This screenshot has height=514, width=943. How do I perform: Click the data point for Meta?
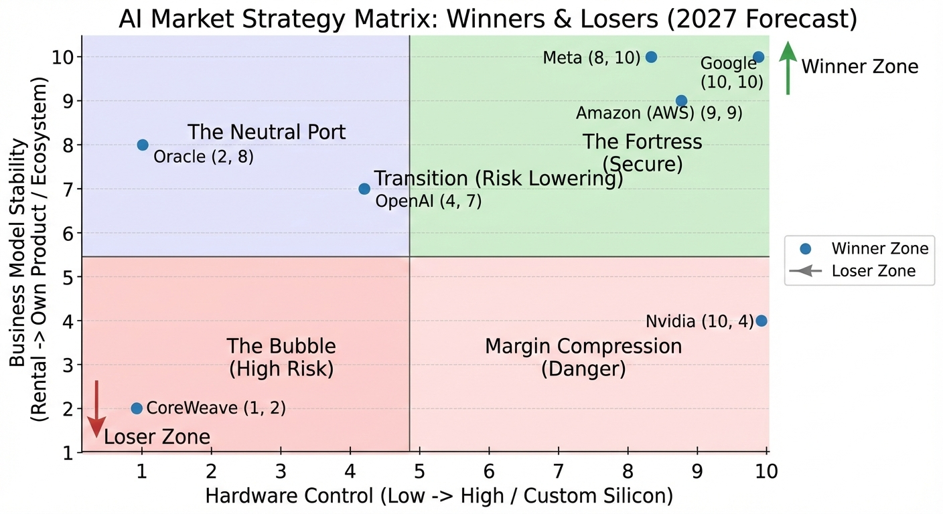650,57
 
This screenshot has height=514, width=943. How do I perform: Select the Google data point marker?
758,57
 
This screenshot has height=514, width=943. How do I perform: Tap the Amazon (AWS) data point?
681,101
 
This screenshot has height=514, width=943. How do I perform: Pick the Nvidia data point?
761,321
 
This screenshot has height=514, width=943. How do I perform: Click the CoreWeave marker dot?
137,408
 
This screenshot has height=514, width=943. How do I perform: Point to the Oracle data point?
143,145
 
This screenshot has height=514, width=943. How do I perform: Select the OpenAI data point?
364,189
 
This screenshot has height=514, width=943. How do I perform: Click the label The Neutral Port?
267,132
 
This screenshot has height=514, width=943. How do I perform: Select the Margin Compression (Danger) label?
583,357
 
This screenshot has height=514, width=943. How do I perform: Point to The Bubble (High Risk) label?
281,357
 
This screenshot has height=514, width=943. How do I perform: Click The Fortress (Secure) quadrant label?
642,152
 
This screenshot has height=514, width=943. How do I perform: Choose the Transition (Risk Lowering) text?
498,179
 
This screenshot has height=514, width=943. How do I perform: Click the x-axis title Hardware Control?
438,496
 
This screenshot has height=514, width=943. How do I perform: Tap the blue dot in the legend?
805,249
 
